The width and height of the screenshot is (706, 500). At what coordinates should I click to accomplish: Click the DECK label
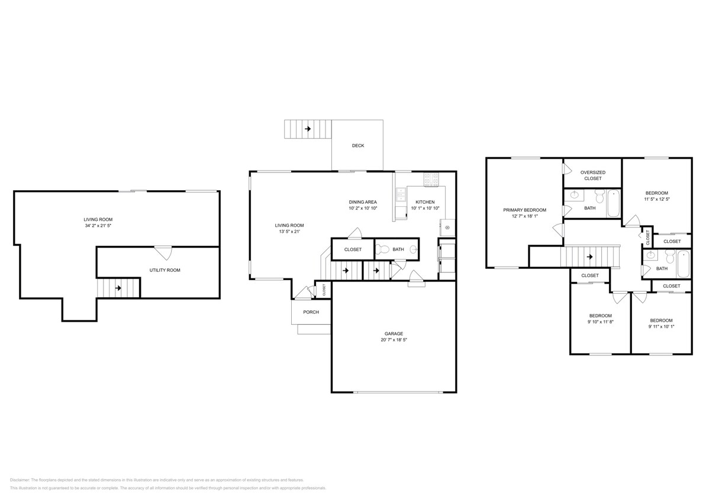pyautogui.click(x=357, y=146)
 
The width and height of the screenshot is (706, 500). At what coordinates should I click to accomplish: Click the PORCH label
pyautogui.click(x=311, y=312)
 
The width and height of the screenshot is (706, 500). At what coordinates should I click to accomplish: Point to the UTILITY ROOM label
pyautogui.click(x=165, y=270)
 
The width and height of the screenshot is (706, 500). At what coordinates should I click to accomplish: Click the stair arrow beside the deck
pyautogui.click(x=308, y=129)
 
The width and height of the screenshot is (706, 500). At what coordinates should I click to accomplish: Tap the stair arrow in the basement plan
pyautogui.click(x=118, y=289)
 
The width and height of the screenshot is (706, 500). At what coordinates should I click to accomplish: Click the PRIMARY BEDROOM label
pyautogui.click(x=524, y=210)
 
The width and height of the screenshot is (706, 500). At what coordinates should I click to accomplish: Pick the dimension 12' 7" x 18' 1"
pyautogui.click(x=524, y=216)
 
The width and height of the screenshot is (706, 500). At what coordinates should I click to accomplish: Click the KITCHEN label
pyautogui.click(x=424, y=202)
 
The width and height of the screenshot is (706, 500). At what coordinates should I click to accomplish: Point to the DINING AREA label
pyautogui.click(x=363, y=202)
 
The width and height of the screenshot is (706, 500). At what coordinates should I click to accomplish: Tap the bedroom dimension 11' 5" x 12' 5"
pyautogui.click(x=656, y=200)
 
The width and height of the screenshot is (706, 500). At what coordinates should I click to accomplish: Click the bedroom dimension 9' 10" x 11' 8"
pyautogui.click(x=600, y=322)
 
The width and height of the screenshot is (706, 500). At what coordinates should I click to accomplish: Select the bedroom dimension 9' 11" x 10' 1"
pyautogui.click(x=661, y=326)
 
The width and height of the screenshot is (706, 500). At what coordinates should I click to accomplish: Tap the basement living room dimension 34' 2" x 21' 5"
pyautogui.click(x=98, y=226)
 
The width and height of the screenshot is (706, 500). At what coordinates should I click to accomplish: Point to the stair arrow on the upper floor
pyautogui.click(x=589, y=257)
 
